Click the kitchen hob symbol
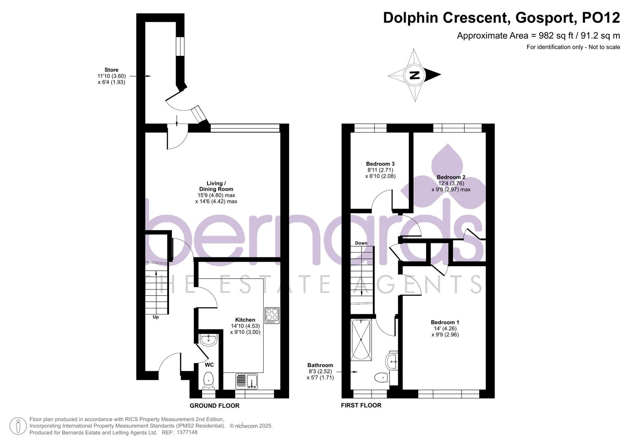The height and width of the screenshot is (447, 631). tap(272, 316)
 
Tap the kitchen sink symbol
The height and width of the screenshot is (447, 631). tap(247, 381)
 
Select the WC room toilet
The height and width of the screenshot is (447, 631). tap(209, 380)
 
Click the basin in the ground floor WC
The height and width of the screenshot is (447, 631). tap(208, 340)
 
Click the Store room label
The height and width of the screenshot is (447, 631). tap(111, 70)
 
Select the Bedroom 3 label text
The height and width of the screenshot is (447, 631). tap(380, 164)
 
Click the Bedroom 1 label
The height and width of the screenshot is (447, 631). tap(445, 322)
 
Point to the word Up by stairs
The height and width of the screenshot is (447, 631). tap(156, 317)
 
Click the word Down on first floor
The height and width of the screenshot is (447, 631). tap(361, 243)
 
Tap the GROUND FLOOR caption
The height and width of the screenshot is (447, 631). tap(214, 406)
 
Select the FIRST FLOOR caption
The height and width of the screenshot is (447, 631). tap(361, 405)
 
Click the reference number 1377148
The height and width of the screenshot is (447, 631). tap(187, 433)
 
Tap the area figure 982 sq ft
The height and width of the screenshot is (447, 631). tap(552, 36)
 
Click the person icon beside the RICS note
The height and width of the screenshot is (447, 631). tap(18, 426)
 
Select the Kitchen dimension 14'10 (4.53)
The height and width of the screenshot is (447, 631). tap(245, 326)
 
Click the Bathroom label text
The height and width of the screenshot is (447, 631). tap(320, 365)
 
